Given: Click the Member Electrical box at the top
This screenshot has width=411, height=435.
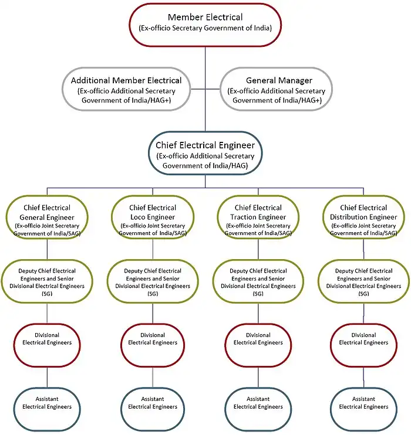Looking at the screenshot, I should [x=205, y=24].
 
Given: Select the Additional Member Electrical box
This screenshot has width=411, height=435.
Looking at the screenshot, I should [x=126, y=90].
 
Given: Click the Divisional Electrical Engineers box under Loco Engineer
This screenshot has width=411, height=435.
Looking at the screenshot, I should [x=153, y=339].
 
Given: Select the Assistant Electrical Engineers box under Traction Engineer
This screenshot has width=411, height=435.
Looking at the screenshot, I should [x=258, y=403].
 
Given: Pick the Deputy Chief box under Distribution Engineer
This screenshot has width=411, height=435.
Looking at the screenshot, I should [x=363, y=282].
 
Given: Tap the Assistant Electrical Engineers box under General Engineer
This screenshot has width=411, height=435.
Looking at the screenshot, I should [x=47, y=403].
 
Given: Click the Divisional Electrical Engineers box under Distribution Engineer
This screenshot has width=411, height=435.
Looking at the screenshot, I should [x=363, y=339].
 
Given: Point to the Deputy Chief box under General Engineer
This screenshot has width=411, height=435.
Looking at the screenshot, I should [x=47, y=282].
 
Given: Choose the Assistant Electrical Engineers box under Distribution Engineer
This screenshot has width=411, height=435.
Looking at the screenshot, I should [x=363, y=403].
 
